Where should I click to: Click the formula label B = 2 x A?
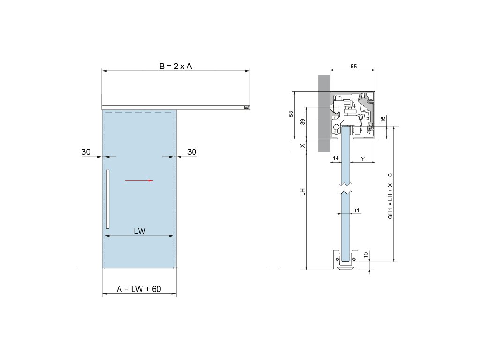click(x=175, y=66)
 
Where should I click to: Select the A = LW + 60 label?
click(x=139, y=289)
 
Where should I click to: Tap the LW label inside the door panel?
click(x=140, y=231)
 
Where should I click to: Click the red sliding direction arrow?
click(x=139, y=180)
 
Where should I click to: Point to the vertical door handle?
click(x=108, y=199)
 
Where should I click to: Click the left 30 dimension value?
click(x=86, y=152)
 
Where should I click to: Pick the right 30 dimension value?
click(x=192, y=152)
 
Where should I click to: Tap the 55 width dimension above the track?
click(x=353, y=67)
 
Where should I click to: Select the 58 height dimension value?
click(x=291, y=114)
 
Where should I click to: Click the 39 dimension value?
click(x=303, y=121)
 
